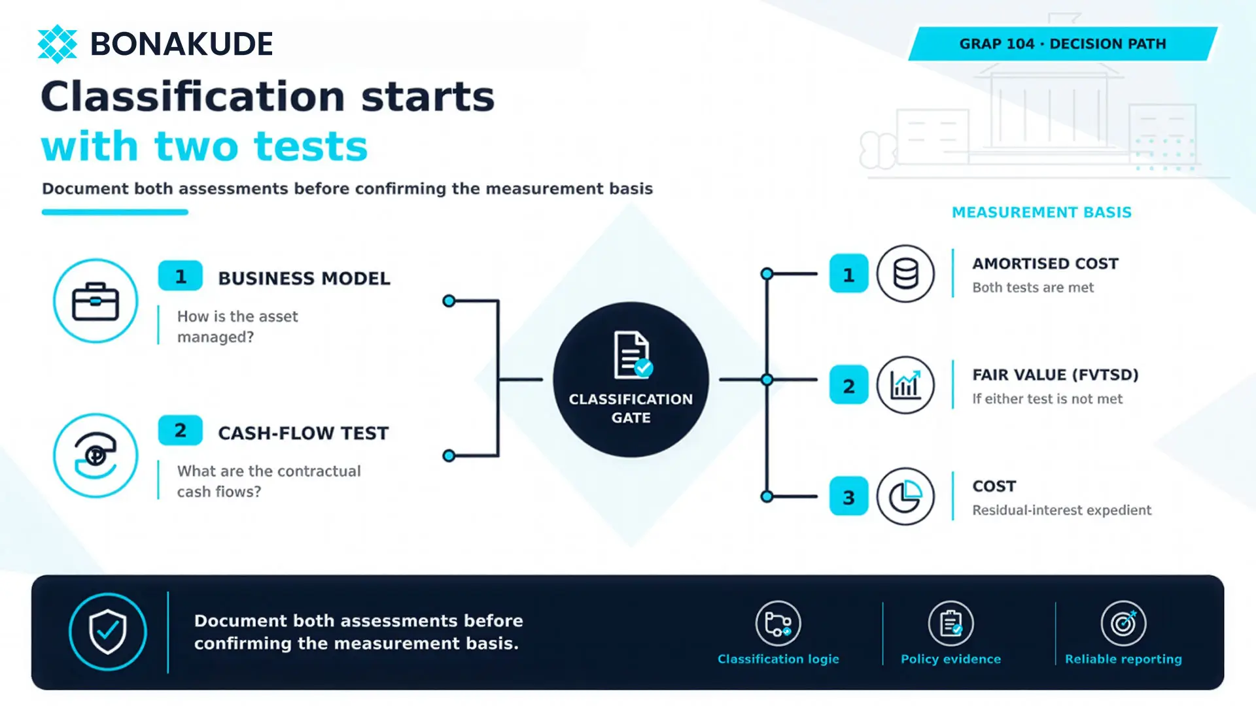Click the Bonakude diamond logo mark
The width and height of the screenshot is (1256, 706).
tap(58, 44)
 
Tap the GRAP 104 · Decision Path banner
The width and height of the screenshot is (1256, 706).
tap(1063, 44)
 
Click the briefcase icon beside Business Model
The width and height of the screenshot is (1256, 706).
tap(96, 301)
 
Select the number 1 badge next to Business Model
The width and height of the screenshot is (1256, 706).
tap(181, 277)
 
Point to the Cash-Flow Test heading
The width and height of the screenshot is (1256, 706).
tap(304, 433)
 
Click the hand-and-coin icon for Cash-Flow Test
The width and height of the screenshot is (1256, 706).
tap(96, 456)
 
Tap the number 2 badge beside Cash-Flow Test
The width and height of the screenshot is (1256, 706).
tap(181, 431)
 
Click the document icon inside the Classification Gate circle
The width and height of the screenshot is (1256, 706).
tap(633, 355)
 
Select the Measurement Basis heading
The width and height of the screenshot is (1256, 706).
tap(1041, 212)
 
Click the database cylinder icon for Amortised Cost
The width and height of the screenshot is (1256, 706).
tap(905, 274)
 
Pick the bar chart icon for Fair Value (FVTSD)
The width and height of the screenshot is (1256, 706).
tap(905, 385)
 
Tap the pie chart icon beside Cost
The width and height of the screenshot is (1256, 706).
tap(905, 496)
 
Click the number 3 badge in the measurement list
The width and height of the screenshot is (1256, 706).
tap(848, 497)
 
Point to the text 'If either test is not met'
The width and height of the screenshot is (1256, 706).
tap(1047, 399)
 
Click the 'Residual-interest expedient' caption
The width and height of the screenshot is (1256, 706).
tap(1062, 510)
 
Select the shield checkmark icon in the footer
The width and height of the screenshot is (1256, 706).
tap(108, 631)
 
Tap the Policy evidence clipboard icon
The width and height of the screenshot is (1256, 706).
tap(951, 624)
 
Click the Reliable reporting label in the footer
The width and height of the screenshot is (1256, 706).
tap(1123, 659)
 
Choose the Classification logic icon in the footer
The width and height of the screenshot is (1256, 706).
tap(778, 624)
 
